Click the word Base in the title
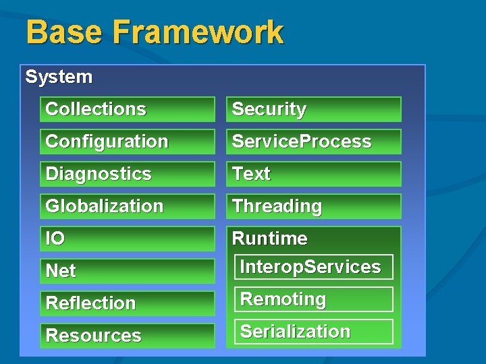(64, 32)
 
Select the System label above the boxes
(59, 77)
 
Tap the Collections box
(127, 109)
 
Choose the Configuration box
(127, 142)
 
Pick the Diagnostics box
(127, 174)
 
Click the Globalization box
(127, 206)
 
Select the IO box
(127, 239)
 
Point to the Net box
(127, 271)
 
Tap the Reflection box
(127, 303)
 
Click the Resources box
(127, 336)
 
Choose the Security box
(313, 109)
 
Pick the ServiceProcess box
(313, 142)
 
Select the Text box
(313, 174)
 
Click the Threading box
(313, 206)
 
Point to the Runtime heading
(269, 239)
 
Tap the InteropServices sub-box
(313, 267)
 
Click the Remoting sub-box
(313, 299)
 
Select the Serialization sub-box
(313, 332)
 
